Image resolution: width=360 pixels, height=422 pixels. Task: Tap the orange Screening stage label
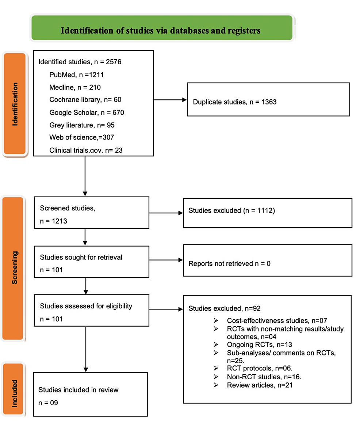(x=13, y=268)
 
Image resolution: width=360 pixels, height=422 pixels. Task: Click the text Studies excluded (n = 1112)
(x=227, y=211)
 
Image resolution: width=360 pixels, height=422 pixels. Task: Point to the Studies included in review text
(x=78, y=390)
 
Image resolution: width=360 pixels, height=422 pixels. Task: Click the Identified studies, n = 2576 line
(x=80, y=62)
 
